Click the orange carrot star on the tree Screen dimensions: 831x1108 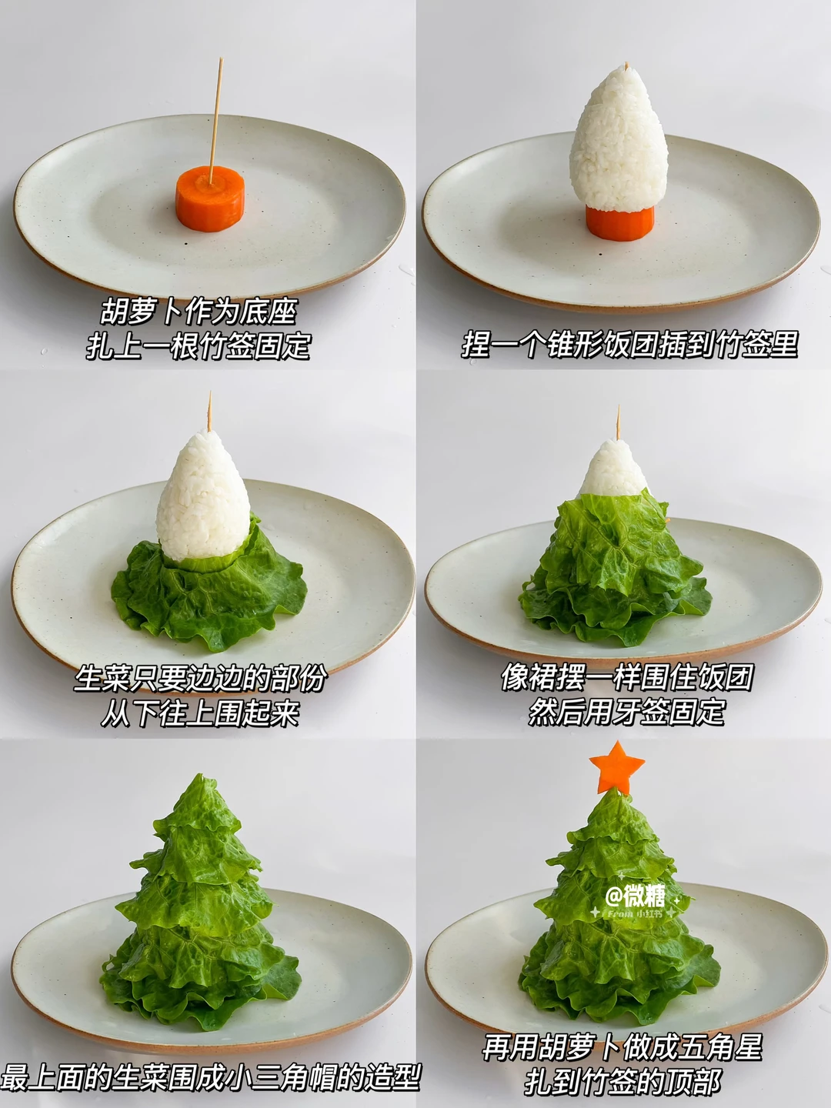[616, 769]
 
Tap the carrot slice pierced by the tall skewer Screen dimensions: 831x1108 [210, 199]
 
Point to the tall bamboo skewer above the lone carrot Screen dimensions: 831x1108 [215, 121]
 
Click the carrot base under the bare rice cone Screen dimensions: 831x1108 [620, 224]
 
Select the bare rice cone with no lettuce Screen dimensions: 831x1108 [619, 140]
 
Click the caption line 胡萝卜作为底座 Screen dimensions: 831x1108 [199, 312]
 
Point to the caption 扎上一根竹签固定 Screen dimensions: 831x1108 [198, 345]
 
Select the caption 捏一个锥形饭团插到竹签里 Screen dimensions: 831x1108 [629, 344]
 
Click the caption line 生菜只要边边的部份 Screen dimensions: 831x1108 [200, 679]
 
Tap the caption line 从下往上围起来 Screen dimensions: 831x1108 [200, 713]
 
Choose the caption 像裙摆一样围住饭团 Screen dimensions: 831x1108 [627, 677]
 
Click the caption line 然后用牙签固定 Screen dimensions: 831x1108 [626, 712]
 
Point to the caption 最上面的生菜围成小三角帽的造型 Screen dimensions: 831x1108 [210, 1076]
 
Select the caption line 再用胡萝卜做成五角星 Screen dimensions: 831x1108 [622, 1047]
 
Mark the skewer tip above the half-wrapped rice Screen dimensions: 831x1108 [618, 405]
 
